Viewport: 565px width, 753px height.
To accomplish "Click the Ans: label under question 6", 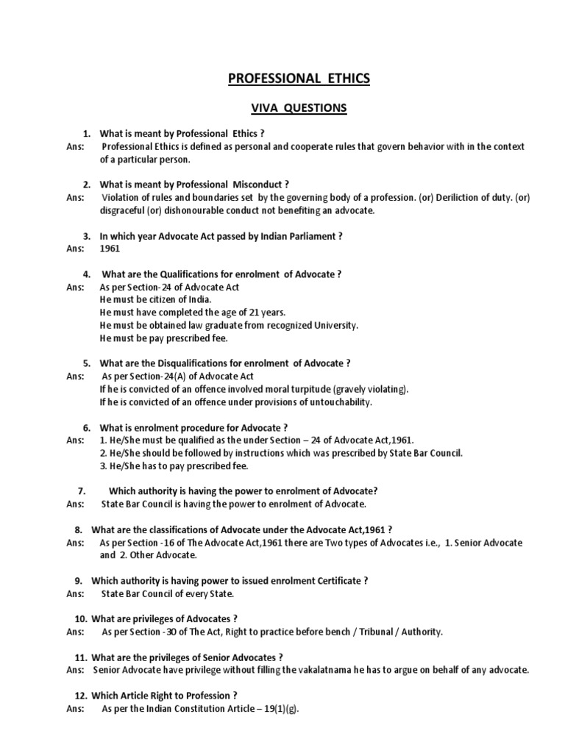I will [76, 440].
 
